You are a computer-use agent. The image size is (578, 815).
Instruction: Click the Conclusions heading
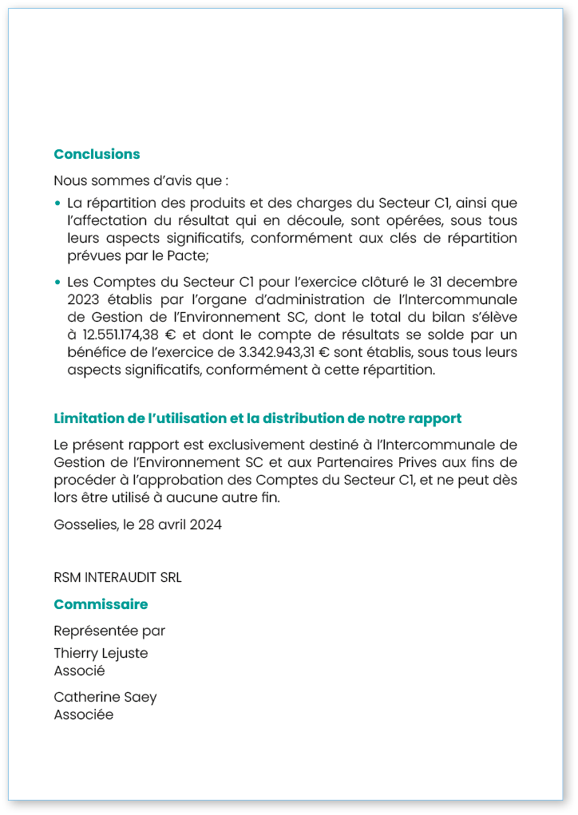[97, 154]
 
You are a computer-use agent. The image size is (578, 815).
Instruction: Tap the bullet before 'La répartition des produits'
[58, 204]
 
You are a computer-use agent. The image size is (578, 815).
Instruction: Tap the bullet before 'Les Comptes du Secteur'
[58, 283]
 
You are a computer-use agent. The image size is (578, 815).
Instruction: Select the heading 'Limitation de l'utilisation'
[257, 418]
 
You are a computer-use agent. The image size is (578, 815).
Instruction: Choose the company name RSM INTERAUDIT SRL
[117, 577]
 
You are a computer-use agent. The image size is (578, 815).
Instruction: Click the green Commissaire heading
[101, 604]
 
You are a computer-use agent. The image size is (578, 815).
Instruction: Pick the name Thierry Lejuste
[101, 653]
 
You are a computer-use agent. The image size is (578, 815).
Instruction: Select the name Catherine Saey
[105, 697]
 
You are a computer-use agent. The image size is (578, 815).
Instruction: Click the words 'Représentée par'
[109, 631]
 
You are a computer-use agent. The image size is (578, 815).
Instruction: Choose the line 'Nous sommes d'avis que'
[141, 180]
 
